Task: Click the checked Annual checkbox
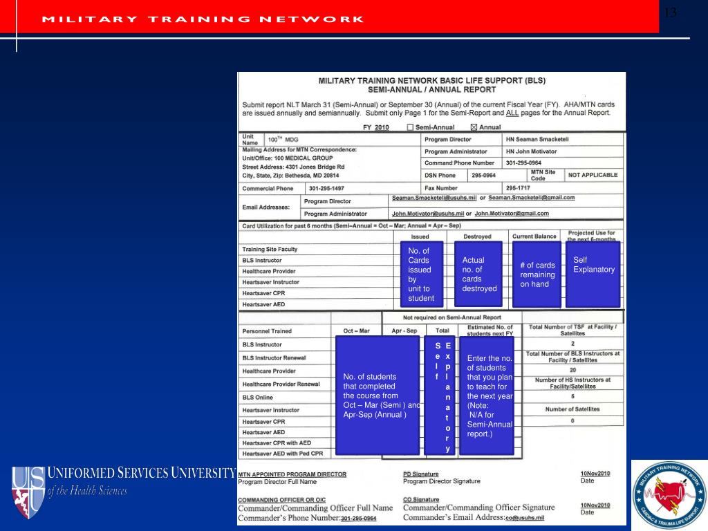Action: (474, 127)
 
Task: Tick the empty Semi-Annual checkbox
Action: (411, 127)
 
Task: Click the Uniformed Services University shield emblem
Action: (27, 492)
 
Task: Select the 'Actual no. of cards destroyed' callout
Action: (478, 274)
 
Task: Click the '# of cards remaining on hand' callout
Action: (537, 274)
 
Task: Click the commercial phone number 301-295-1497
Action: (326, 188)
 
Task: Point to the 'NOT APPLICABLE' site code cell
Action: (593, 175)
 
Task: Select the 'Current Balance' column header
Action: (534, 236)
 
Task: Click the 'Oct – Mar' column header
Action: (356, 331)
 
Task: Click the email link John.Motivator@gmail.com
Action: (512, 214)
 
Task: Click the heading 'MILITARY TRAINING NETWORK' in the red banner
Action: (203, 19)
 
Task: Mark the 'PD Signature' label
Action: (420, 474)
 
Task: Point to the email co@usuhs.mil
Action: (525, 517)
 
